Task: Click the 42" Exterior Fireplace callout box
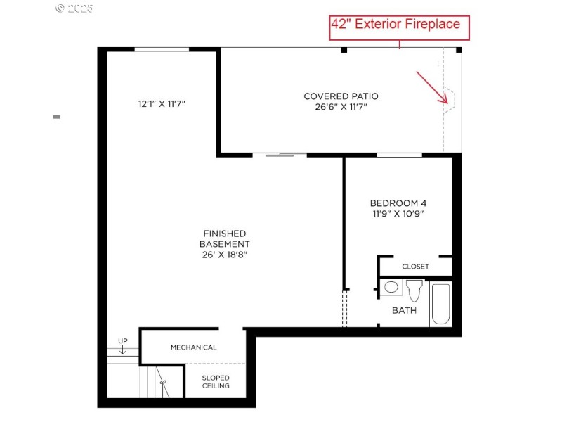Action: (399, 27)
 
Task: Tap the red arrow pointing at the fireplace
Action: (432, 87)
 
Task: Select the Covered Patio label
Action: (341, 96)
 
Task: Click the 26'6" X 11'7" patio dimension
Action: (341, 107)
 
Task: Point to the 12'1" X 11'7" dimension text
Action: (162, 104)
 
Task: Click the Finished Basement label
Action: (225, 238)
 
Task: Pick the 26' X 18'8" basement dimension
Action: (225, 255)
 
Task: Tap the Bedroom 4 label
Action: (398, 203)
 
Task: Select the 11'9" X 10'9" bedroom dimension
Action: (398, 214)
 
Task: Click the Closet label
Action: (415, 267)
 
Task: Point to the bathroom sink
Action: (391, 287)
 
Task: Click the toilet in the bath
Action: (414, 290)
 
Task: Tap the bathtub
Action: (440, 305)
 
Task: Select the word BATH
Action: (405, 310)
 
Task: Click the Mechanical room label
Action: (194, 347)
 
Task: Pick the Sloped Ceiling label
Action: (216, 382)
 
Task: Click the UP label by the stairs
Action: (123, 341)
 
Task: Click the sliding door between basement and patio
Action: (280, 155)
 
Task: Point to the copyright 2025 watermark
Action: (74, 8)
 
